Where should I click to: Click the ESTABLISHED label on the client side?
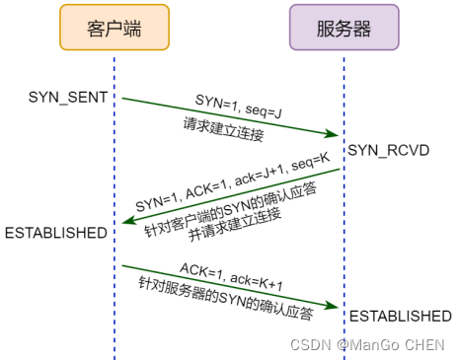[x=56, y=233]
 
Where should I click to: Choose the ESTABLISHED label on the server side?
[x=399, y=316]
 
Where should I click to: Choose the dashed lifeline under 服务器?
[x=344, y=237]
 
